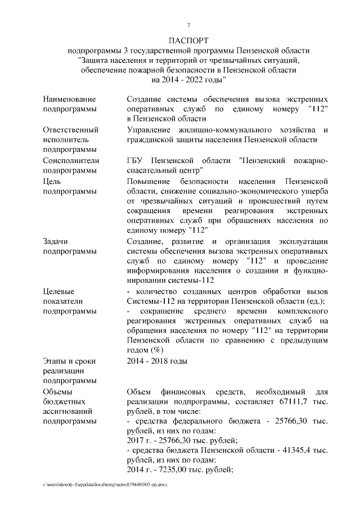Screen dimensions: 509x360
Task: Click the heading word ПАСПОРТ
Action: [x=188, y=41]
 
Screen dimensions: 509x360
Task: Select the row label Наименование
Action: [x=69, y=99]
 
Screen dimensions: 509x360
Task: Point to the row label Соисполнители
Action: [x=71, y=160]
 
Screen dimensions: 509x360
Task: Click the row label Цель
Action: [x=52, y=181]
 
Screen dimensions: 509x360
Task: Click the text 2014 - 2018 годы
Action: [x=157, y=361]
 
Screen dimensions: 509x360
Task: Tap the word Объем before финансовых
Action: [x=141, y=391]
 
